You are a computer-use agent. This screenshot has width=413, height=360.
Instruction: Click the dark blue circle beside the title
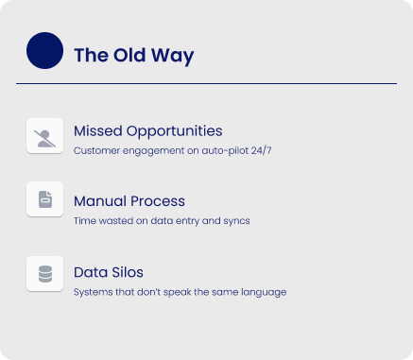pyautogui.click(x=44, y=50)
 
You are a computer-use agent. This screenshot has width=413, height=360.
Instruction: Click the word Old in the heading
pyautogui.click(x=129, y=55)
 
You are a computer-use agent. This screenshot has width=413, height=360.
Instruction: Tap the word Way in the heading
pyautogui.click(x=172, y=57)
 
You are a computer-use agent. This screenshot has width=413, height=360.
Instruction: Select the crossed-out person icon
pyautogui.click(x=44, y=139)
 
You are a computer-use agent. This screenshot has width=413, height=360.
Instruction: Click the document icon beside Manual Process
pyautogui.click(x=45, y=199)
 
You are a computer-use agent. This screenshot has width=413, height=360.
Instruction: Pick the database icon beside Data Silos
pyautogui.click(x=45, y=274)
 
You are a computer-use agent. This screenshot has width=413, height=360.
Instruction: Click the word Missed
pyautogui.click(x=98, y=130)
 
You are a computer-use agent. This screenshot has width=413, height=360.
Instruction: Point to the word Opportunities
pyautogui.click(x=175, y=132)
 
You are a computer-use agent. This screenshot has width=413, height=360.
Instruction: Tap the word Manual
pyautogui.click(x=100, y=201)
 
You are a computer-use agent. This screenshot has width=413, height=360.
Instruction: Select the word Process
pyautogui.click(x=158, y=201)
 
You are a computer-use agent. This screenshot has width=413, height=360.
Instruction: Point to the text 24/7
pyautogui.click(x=261, y=150)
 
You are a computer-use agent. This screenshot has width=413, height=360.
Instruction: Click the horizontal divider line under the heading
pyautogui.click(x=206, y=83)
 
